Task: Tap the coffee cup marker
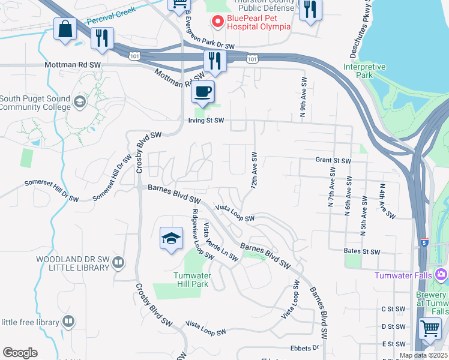203,92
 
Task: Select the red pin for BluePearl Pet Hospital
217,22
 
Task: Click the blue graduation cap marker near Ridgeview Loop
171,238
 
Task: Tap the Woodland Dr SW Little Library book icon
119,262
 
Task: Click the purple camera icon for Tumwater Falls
442,275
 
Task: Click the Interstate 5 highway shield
424,242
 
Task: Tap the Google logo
20,353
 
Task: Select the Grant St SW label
333,161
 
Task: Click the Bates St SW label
363,251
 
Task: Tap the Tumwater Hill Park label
190,280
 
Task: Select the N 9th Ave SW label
303,97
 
